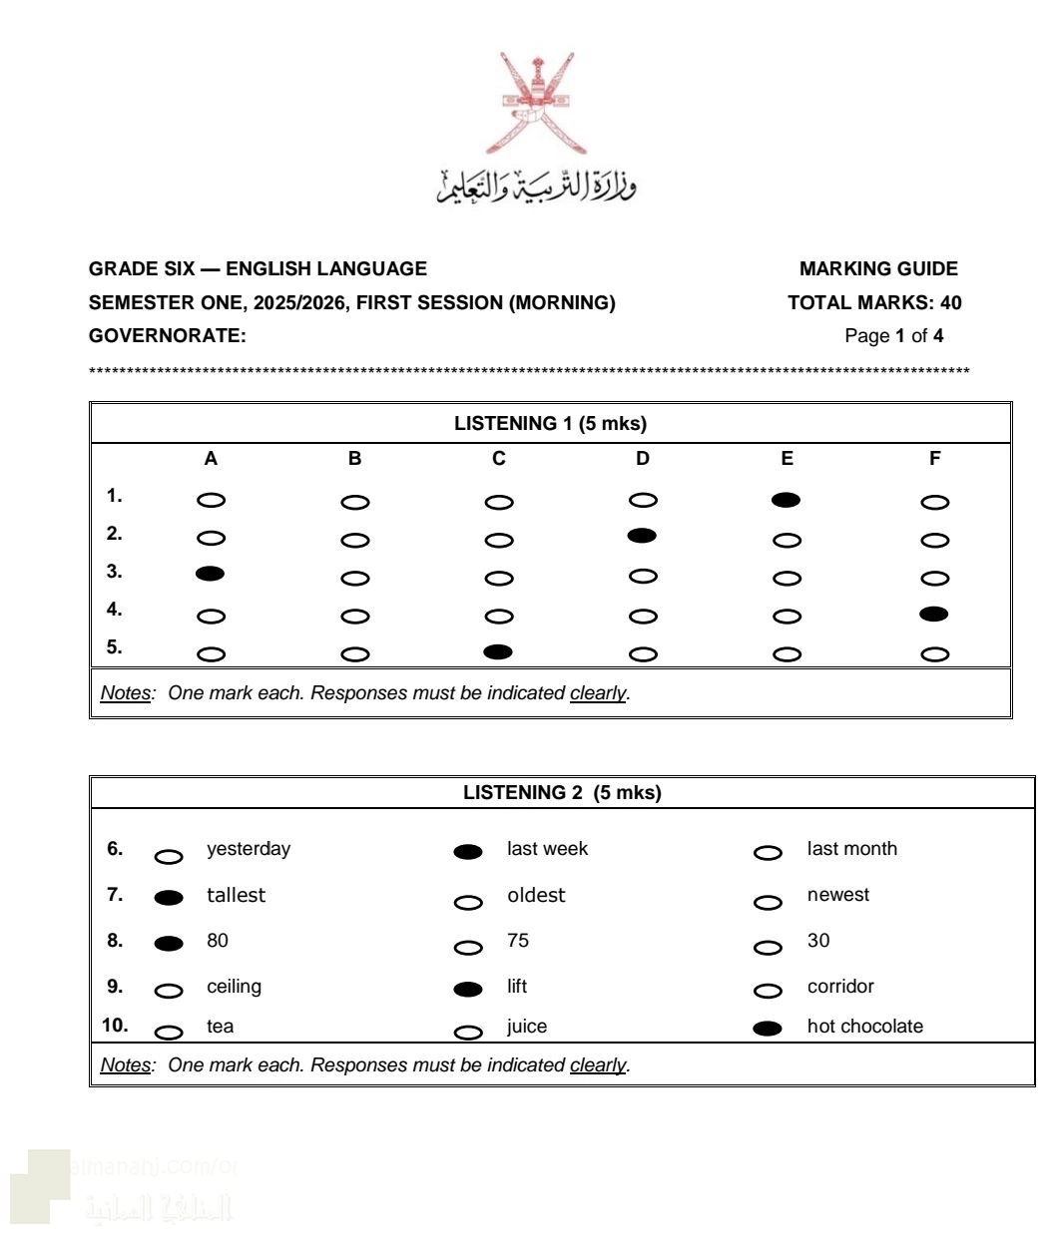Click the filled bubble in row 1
click(x=786, y=500)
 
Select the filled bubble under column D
click(x=642, y=536)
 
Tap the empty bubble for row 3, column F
click(x=934, y=578)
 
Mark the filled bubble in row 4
click(x=934, y=614)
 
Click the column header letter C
click(x=499, y=459)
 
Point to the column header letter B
click(x=355, y=459)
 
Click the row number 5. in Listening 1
click(x=115, y=647)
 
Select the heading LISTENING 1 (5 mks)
click(x=550, y=424)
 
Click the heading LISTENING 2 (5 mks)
click(x=562, y=793)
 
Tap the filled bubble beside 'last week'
click(x=468, y=852)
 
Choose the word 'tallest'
click(x=236, y=896)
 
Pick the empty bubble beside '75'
click(x=468, y=948)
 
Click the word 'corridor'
click(x=840, y=987)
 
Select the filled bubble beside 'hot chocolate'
click(x=768, y=1030)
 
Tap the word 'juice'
click(x=527, y=1027)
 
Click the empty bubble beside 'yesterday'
click(x=169, y=856)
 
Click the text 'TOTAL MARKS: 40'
click(x=874, y=303)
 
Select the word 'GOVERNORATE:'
click(x=168, y=336)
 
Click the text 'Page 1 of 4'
click(x=893, y=336)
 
